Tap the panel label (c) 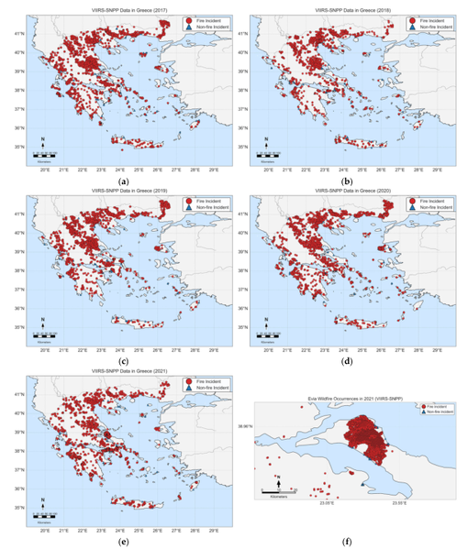[x=123, y=361]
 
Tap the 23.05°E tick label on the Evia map [x=327, y=502]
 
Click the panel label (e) [x=123, y=542]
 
